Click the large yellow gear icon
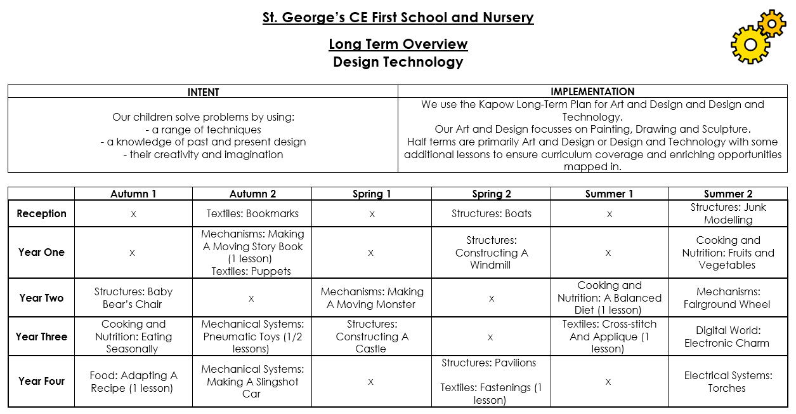point(750,44)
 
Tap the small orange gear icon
point(772,23)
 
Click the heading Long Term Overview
point(398,44)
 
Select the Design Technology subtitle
point(398,62)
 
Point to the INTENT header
point(203,92)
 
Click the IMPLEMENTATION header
point(592,91)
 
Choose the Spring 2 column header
point(491,194)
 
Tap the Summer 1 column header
point(609,194)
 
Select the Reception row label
point(41,213)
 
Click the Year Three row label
point(41,337)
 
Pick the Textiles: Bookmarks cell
point(252,213)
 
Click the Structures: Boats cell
point(491,213)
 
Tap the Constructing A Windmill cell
point(491,252)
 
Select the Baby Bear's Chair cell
point(133,298)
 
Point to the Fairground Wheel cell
point(727,298)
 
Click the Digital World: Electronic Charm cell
point(727,337)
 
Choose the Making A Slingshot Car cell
point(252,381)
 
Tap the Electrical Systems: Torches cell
point(727,381)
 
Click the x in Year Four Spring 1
point(372,382)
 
